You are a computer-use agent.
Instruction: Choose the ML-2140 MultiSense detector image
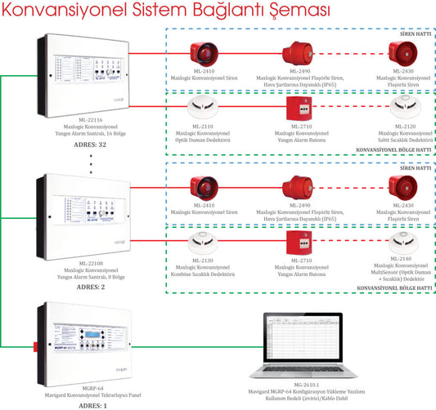coord(405,243)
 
